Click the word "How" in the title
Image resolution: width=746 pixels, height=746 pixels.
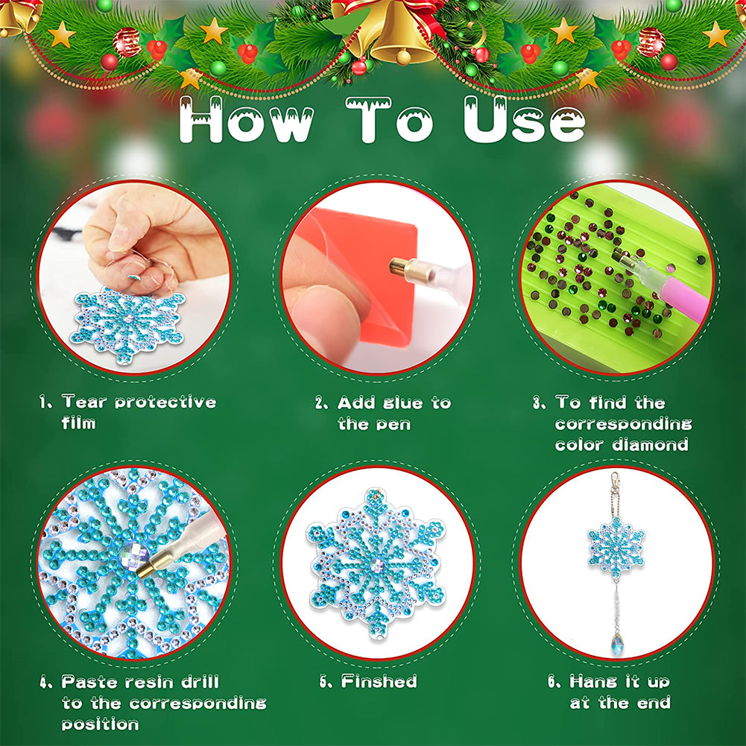(247, 121)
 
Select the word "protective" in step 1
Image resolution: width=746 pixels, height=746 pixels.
(165, 402)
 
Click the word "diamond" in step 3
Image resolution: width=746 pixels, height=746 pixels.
(650, 444)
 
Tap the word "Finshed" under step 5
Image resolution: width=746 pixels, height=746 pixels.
(379, 681)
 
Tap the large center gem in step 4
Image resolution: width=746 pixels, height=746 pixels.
(133, 556)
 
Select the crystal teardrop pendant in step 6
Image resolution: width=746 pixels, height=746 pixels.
(617, 643)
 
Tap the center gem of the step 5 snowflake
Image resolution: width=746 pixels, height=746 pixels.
(377, 566)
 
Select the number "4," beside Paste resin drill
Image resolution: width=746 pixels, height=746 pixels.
(46, 683)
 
